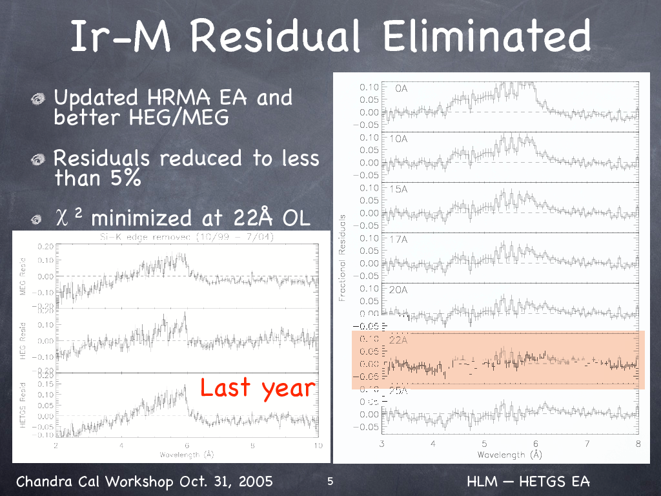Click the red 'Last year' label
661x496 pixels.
[x=258, y=387]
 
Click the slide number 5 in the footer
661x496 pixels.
[x=330, y=482]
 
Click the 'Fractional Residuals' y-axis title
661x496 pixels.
[x=342, y=258]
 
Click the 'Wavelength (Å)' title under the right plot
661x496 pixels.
[x=510, y=455]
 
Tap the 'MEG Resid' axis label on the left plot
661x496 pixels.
[x=23, y=277]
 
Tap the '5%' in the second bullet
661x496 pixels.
[x=125, y=178]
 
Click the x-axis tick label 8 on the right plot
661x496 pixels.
[x=637, y=444]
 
